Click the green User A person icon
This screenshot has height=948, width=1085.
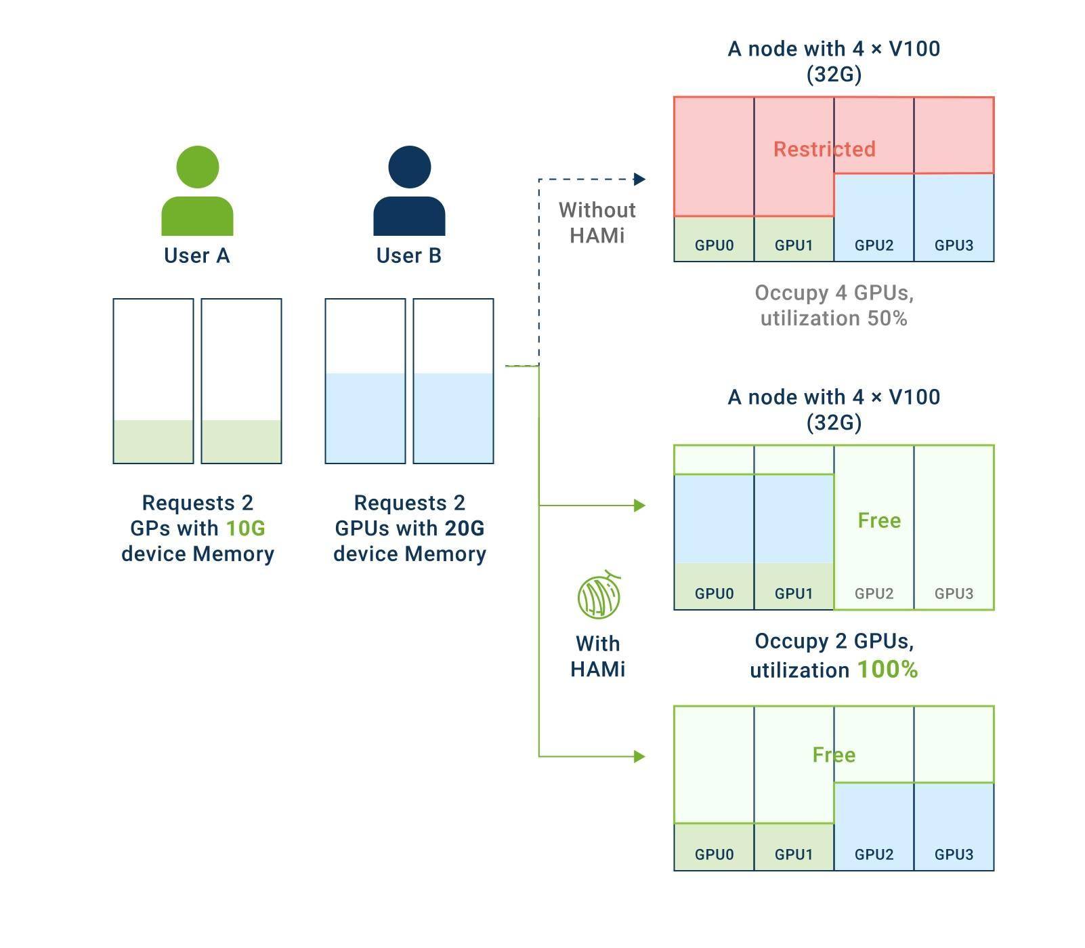tap(197, 190)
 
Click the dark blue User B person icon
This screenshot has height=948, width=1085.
tap(409, 190)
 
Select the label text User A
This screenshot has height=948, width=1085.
tap(197, 255)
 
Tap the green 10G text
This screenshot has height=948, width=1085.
tap(245, 528)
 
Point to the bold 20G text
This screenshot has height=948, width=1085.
tap(465, 528)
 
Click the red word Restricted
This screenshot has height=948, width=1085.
tap(824, 149)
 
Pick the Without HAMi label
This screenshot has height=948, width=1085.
tap(597, 222)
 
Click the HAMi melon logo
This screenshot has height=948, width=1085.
tap(599, 595)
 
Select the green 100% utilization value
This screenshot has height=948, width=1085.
tap(887, 669)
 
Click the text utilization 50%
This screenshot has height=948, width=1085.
tap(834, 318)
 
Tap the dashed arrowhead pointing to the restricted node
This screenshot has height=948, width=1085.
tap(639, 179)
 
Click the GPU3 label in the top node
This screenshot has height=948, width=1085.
tap(954, 245)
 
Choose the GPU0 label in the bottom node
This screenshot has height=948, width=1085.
tap(714, 854)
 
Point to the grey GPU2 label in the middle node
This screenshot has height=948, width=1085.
tap(874, 594)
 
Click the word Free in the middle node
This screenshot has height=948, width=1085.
tap(879, 520)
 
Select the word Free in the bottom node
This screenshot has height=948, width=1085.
tap(834, 755)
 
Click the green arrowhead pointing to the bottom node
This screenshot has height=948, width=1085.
tap(639, 756)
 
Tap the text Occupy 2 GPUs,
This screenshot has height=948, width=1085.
tap(834, 641)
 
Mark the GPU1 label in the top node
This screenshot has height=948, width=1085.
tap(794, 245)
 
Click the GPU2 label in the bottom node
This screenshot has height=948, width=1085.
tap(874, 854)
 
